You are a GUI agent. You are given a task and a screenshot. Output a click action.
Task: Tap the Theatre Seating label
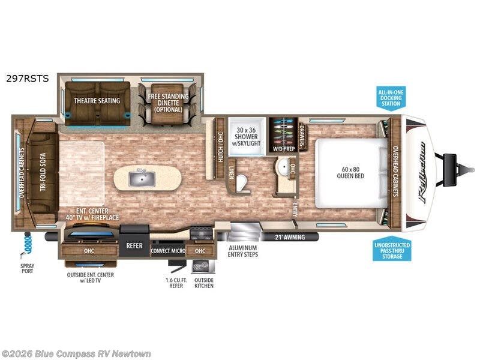point(97,101)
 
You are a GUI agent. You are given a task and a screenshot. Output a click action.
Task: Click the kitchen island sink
point(143,178)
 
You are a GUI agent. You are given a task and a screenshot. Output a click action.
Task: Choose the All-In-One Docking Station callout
point(391,97)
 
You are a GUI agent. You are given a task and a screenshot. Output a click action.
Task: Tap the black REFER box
point(134,245)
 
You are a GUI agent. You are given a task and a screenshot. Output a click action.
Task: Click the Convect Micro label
point(168,251)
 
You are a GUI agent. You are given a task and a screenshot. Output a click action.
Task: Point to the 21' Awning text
point(290,237)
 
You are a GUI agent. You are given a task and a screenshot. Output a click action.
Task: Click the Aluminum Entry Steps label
point(243,250)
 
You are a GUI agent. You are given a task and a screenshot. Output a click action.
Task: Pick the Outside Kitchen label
point(204,282)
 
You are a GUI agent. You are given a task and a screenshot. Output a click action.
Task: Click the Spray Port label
point(28,268)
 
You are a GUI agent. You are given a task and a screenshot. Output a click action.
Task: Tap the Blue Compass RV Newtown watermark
point(77,353)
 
